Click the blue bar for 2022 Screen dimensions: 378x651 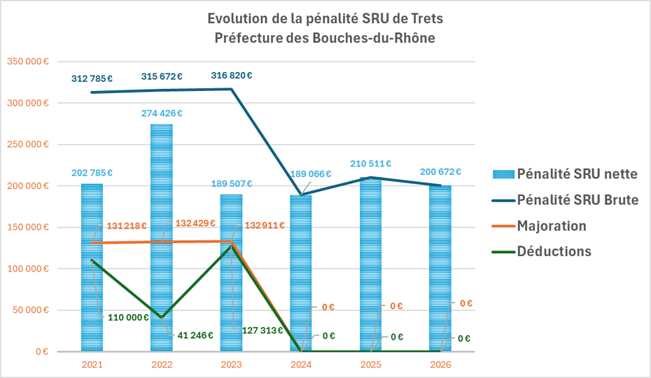pos(162,238)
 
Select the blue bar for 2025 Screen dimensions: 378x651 pos(371,266)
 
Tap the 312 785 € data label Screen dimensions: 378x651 pos(92,78)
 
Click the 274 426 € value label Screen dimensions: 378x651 pos(161,113)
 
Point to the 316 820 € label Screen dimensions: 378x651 pos(231,76)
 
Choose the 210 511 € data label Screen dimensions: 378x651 pos(370,164)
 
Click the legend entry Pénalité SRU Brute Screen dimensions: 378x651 pos(577,199)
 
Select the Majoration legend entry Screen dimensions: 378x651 pos(551,225)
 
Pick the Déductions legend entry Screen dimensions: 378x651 pos(554,251)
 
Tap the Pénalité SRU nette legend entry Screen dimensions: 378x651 pos(577,174)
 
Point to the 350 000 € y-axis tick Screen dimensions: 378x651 pos(27,62)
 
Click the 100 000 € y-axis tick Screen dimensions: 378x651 pos(27,269)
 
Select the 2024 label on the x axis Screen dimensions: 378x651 pos(301,365)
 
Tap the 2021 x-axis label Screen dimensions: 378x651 pos(92,365)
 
